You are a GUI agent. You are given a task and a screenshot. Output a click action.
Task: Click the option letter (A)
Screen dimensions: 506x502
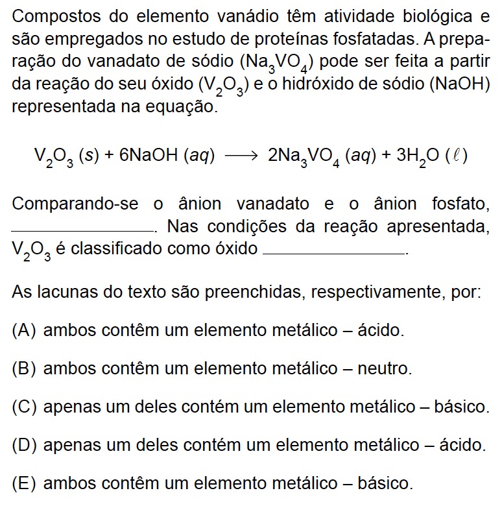tap(24, 330)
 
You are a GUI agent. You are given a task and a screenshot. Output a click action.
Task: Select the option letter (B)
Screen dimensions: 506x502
tap(24, 369)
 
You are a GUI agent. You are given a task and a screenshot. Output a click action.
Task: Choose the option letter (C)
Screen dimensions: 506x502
tap(25, 407)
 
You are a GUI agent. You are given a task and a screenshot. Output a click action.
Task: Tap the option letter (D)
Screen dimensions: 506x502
tap(25, 446)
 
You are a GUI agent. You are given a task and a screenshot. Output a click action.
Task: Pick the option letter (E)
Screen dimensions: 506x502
tap(24, 484)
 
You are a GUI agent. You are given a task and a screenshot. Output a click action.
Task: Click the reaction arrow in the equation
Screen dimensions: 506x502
tap(241, 156)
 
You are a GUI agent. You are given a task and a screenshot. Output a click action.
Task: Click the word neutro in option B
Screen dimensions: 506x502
tap(387, 369)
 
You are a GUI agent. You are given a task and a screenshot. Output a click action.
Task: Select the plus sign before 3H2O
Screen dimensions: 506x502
tap(386, 156)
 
